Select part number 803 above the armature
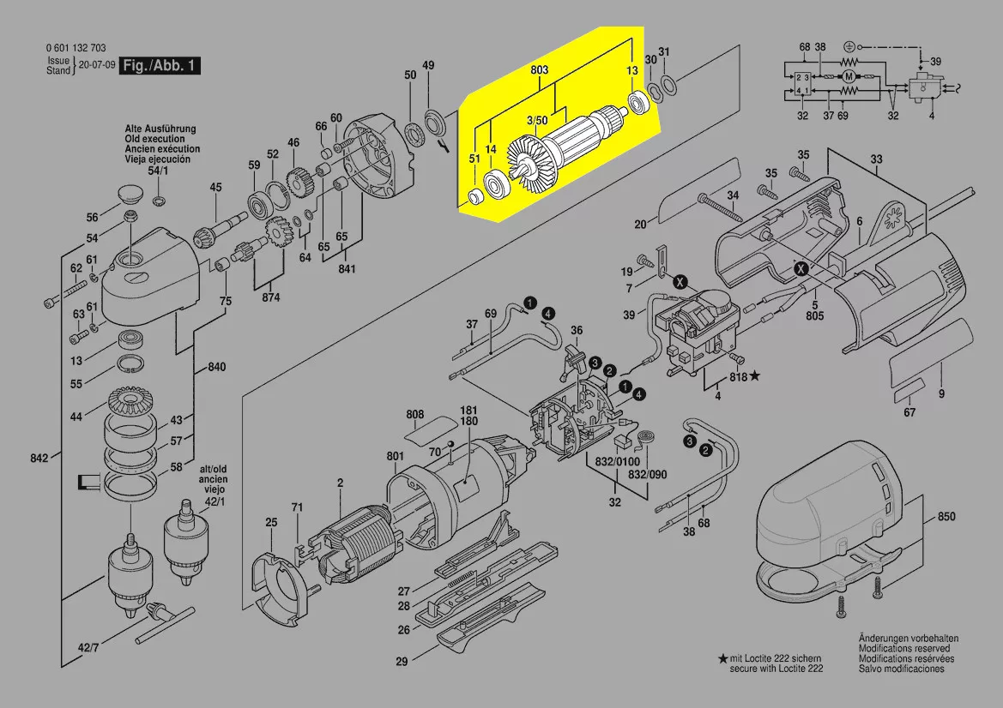click(x=539, y=69)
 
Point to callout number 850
click(x=946, y=518)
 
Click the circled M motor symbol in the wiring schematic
click(x=849, y=77)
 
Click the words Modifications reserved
click(x=909, y=649)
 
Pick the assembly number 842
click(x=39, y=459)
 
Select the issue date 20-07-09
click(x=95, y=65)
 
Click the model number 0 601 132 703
click(x=76, y=48)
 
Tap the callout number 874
click(x=271, y=297)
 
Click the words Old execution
click(x=154, y=139)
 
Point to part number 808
click(x=415, y=414)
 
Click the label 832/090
click(x=647, y=474)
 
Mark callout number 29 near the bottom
click(x=402, y=661)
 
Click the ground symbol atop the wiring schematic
click(x=849, y=45)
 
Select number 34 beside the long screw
click(x=732, y=195)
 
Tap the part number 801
click(x=395, y=456)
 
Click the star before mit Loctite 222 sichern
click(x=723, y=658)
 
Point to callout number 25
click(x=271, y=522)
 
